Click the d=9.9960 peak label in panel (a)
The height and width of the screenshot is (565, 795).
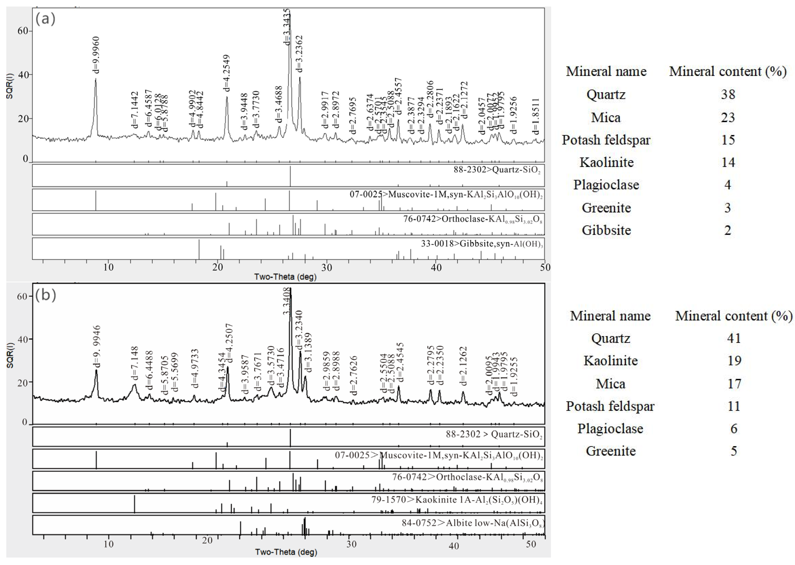[96, 55]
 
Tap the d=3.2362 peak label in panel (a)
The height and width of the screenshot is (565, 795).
[299, 54]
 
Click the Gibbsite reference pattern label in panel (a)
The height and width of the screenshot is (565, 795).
[482, 244]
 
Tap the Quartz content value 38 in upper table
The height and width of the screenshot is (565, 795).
[728, 94]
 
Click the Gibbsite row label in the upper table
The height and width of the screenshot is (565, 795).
[606, 230]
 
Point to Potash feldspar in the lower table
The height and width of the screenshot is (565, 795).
[610, 406]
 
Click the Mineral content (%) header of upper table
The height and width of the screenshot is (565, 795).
[728, 71]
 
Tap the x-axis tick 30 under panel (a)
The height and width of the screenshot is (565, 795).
[327, 267]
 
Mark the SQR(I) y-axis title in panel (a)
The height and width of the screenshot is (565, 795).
[10, 86]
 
